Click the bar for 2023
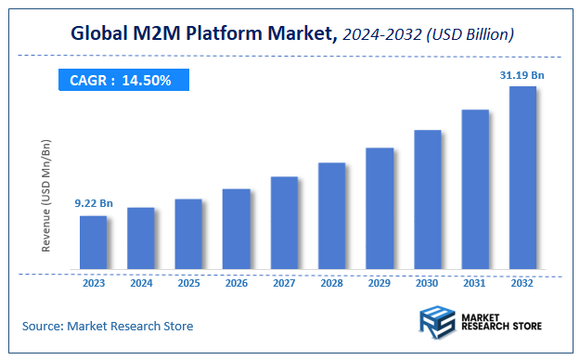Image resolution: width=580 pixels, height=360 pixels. (93, 244)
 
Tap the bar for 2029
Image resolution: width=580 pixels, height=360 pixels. (379, 210)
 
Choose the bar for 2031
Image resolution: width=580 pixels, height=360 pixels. (474, 191)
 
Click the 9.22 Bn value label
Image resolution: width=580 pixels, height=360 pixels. (93, 202)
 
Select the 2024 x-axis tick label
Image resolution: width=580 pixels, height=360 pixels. (140, 283)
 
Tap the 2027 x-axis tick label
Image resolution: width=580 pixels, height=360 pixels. (283, 283)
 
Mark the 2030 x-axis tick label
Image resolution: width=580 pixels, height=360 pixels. (426, 283)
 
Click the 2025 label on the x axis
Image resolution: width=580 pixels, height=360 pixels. (188, 283)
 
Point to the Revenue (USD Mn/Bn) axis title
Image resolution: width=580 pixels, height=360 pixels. (47, 197)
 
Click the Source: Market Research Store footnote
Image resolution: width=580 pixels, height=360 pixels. (108, 326)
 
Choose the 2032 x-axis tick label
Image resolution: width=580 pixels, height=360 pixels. (522, 283)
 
